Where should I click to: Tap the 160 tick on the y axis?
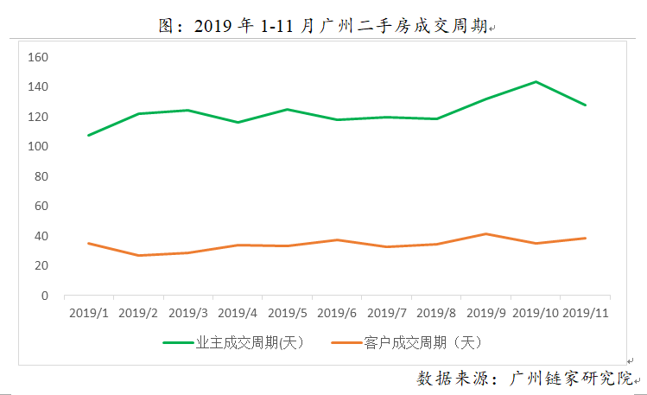[x=38, y=57]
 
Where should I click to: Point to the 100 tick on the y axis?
[x=38, y=146]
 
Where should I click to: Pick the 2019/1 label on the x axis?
[x=88, y=312]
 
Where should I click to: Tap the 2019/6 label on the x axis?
[x=337, y=312]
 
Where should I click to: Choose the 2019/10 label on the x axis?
[x=536, y=312]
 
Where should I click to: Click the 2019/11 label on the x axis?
[x=587, y=312]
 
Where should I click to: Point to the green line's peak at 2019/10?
[x=536, y=82]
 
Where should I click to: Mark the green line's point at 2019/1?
[x=88, y=136]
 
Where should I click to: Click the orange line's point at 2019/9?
[x=486, y=234]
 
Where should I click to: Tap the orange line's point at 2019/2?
[x=138, y=256]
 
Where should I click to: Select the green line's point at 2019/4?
[x=238, y=123]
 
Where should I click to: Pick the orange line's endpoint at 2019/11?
[x=586, y=238]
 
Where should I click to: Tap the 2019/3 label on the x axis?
[x=187, y=312]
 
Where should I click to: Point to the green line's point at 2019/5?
[x=287, y=110]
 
